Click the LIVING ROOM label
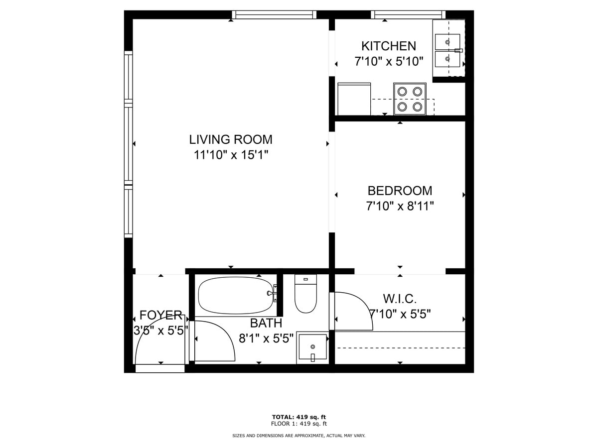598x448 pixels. coord(230,139)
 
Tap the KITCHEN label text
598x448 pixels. coord(388,46)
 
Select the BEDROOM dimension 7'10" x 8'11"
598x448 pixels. coord(400,206)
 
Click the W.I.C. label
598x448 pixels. coord(400,299)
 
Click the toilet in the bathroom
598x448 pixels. coord(305,295)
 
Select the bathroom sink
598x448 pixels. coord(312,346)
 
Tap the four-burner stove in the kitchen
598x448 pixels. coord(410,99)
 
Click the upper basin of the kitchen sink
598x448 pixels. coord(448,42)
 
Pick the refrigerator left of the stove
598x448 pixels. coord(354,99)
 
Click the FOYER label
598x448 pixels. coord(160,315)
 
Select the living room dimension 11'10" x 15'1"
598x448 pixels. coord(230,155)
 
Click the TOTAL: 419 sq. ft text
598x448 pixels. coord(299,417)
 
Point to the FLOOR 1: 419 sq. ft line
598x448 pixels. coord(299,424)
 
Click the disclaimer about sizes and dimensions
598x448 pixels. coord(299,436)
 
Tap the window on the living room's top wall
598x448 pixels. coord(274,15)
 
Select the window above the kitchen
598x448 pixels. coord(408,15)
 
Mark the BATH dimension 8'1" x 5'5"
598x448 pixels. coord(266,339)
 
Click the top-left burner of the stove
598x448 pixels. coord(402,91)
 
